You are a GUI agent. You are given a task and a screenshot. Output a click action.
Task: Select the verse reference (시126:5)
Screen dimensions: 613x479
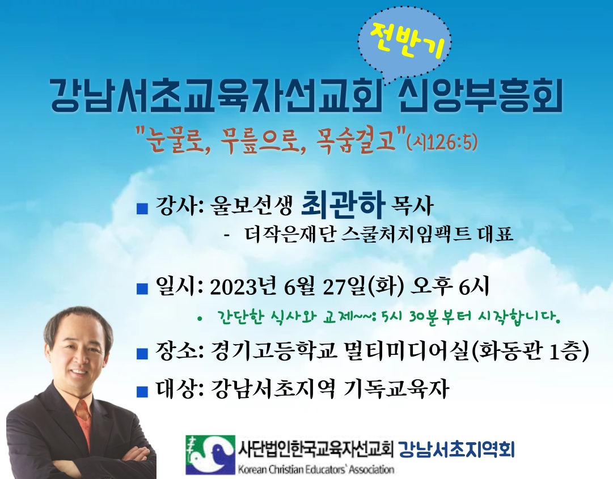tap(442, 142)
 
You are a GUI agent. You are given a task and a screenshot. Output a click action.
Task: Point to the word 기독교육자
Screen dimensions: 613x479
tap(395, 389)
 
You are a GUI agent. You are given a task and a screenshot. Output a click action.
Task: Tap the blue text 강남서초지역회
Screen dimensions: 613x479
tap(456, 450)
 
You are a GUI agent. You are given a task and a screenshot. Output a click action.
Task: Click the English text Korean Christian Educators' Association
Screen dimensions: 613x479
tap(316, 468)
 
